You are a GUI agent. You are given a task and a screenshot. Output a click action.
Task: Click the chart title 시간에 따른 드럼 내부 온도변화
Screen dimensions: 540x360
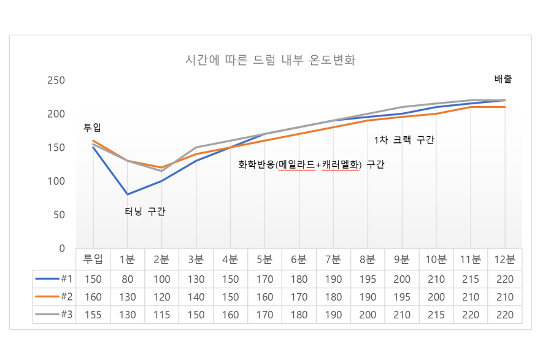(x=271, y=60)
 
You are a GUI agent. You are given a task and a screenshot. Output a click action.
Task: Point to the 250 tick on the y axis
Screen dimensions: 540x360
(x=56, y=80)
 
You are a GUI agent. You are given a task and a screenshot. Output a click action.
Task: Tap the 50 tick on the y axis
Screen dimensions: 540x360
(x=59, y=215)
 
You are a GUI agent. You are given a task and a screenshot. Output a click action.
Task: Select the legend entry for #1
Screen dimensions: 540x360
(x=54, y=279)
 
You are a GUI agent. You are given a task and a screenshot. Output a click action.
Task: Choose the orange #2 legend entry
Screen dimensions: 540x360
(x=54, y=297)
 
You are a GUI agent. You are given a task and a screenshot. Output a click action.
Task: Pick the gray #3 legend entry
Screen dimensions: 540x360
(x=54, y=315)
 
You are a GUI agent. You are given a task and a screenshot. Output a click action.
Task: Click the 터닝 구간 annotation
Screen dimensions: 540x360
(x=145, y=211)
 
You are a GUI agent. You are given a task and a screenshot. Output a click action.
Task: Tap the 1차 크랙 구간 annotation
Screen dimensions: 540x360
(x=404, y=140)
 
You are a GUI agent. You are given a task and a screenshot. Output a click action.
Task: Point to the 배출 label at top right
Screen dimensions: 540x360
(x=503, y=79)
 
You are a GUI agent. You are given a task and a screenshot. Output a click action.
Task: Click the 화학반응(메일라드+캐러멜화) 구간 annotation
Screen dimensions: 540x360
(x=311, y=164)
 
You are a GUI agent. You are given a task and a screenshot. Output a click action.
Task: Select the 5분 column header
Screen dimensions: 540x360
(x=264, y=259)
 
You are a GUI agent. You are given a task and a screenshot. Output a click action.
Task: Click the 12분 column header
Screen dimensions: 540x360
(x=505, y=259)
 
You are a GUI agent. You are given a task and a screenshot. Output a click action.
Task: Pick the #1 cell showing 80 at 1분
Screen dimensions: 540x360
(x=128, y=279)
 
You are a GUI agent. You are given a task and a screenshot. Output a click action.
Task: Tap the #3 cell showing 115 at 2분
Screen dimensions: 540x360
(x=161, y=315)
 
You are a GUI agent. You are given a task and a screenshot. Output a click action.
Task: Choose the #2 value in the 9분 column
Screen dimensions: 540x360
(x=402, y=297)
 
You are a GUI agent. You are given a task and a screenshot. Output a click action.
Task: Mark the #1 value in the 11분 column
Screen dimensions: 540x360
(x=471, y=279)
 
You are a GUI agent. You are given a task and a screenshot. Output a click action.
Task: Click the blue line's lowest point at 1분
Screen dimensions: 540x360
(x=128, y=194)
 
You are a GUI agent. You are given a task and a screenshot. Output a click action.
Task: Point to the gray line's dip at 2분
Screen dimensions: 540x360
(x=161, y=171)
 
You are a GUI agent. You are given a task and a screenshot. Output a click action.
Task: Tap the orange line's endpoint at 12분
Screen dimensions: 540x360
(x=505, y=107)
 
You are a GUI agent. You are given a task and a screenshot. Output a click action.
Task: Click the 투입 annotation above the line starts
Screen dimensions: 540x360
(x=92, y=128)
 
